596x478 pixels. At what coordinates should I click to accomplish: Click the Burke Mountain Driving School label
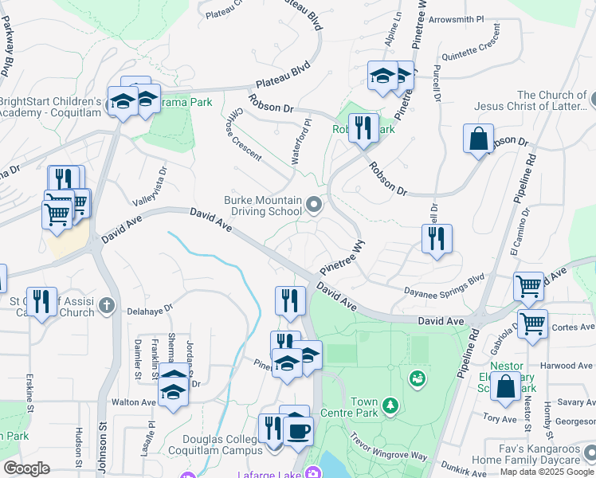click(263, 206)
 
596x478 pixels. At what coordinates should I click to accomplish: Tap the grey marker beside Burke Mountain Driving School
click(314, 206)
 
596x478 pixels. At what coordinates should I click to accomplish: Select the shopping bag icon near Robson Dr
click(478, 139)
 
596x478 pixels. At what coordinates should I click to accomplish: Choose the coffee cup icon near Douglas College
click(298, 431)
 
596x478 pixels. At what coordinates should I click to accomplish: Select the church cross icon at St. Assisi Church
click(108, 306)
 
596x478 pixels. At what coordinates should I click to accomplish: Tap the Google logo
click(26, 468)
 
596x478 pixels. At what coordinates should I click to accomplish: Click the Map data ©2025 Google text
click(547, 472)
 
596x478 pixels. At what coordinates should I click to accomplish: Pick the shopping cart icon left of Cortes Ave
click(533, 323)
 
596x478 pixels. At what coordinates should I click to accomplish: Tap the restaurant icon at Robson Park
click(363, 127)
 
